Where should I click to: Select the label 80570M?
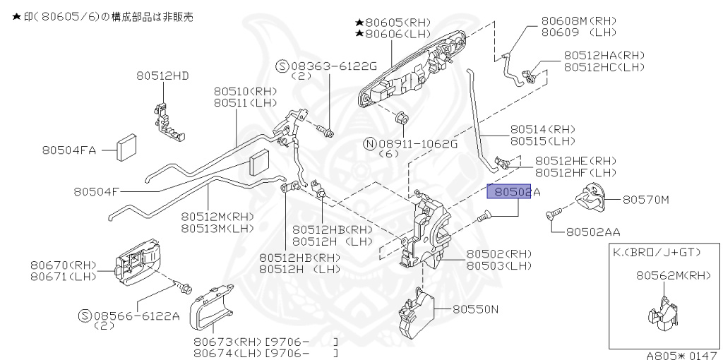click(x=645, y=200)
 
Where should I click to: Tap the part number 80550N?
click(x=475, y=308)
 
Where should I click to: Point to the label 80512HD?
click(x=163, y=76)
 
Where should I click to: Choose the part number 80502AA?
click(x=594, y=231)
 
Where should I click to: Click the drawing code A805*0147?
click(x=683, y=355)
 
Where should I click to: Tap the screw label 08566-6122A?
click(x=134, y=316)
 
